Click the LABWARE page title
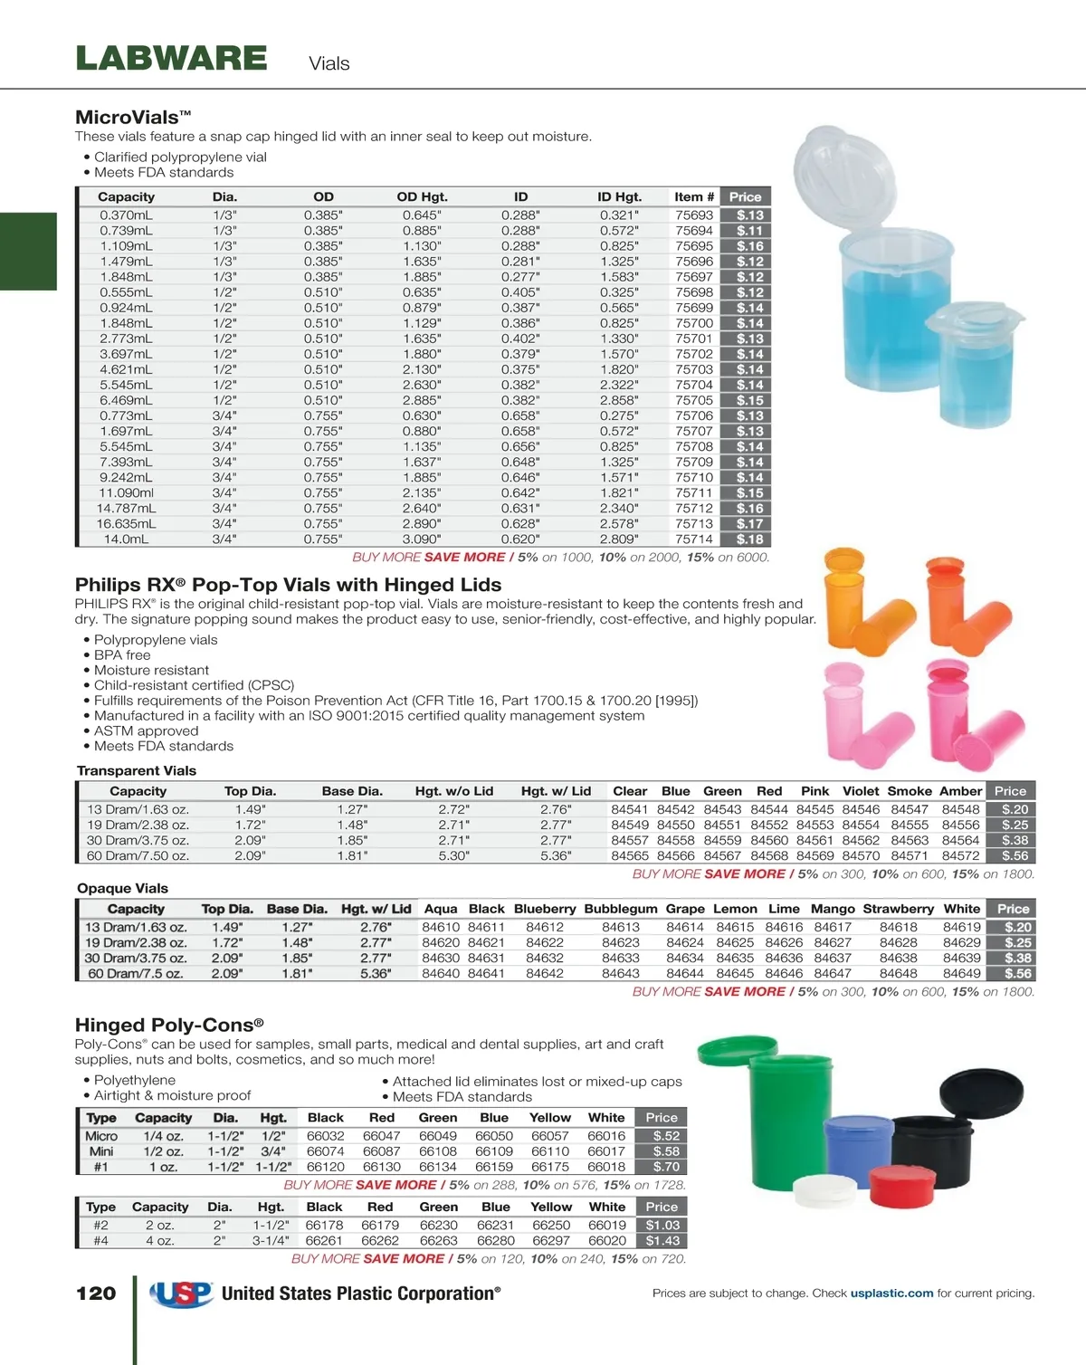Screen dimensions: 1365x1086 point(171,59)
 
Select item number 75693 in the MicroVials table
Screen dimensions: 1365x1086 point(694,215)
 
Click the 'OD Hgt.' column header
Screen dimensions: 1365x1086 point(422,197)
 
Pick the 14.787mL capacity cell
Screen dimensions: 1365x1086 point(127,509)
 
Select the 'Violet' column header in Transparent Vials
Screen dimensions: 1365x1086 point(861,791)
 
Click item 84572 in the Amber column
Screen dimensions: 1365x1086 point(960,855)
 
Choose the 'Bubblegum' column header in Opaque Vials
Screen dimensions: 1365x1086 point(621,909)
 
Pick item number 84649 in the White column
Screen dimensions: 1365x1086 point(961,974)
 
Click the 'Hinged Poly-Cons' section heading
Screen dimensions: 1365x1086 point(169,1026)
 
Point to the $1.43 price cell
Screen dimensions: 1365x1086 point(662,1241)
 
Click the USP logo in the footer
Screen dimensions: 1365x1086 point(181,1294)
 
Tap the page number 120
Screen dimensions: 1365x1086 point(96,1293)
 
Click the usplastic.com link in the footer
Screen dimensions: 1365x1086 point(891,1293)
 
